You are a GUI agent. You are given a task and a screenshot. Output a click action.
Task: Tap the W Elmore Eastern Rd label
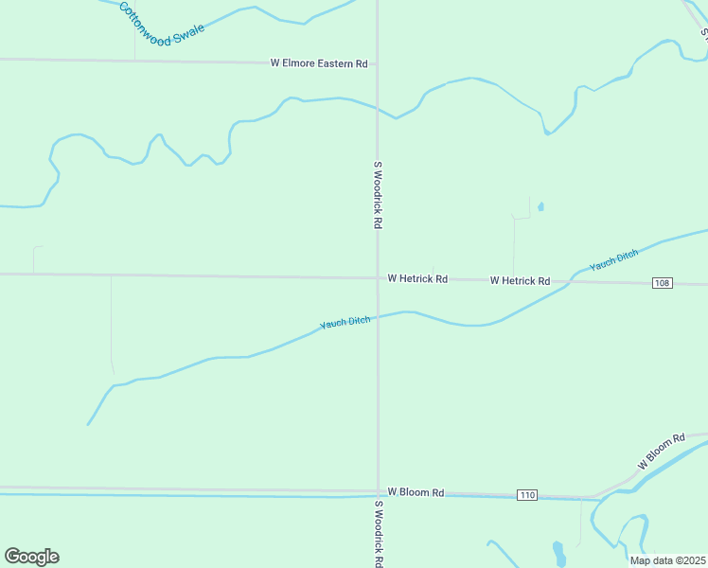pyautogui.click(x=318, y=63)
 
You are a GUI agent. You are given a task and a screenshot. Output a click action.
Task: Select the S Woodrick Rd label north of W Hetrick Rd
pyautogui.click(x=377, y=195)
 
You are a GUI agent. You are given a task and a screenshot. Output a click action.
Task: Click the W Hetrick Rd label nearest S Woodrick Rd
pyautogui.click(x=417, y=279)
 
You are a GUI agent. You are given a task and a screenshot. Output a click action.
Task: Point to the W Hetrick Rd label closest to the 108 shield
pyautogui.click(x=520, y=281)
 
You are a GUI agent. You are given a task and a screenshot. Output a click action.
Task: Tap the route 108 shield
pyautogui.click(x=663, y=283)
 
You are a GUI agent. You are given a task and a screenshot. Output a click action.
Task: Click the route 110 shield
pyautogui.click(x=527, y=495)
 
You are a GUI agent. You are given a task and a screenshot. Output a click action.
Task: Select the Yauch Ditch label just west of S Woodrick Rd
pyautogui.click(x=345, y=323)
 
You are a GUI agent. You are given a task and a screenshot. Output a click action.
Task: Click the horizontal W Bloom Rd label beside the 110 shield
pyautogui.click(x=416, y=492)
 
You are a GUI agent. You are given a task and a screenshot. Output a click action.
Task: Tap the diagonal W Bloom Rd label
pyautogui.click(x=661, y=453)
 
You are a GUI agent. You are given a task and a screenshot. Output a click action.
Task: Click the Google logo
pyautogui.click(x=31, y=557)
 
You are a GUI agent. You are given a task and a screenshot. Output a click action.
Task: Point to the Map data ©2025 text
pyautogui.click(x=667, y=560)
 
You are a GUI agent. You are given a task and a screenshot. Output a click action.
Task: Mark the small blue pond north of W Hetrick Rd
pyautogui.click(x=540, y=206)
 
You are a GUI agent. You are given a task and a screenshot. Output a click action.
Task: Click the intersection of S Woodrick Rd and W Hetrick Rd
pyautogui.click(x=378, y=277)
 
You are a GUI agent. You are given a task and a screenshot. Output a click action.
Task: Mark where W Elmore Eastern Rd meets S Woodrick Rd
pyautogui.click(x=378, y=64)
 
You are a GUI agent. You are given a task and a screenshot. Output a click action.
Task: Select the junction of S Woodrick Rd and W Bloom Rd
pyautogui.click(x=378, y=490)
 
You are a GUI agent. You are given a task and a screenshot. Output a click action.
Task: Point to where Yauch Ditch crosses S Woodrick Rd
pyautogui.click(x=378, y=317)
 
